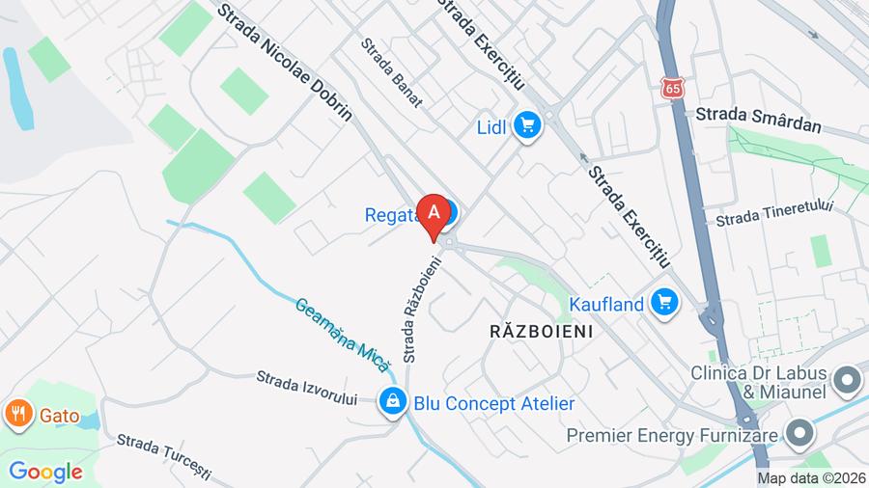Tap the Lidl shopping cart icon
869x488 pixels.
(526, 125)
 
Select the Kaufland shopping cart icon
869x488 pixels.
(663, 303)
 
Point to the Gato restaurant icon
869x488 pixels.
(17, 415)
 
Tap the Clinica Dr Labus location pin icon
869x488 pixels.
(848, 382)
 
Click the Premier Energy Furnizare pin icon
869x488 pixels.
(799, 435)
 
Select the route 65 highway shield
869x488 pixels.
(672, 88)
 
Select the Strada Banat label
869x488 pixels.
(391, 71)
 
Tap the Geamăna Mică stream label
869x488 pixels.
(342, 333)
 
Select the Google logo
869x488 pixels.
(44, 472)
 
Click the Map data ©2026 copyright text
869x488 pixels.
(811, 477)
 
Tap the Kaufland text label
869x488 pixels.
(606, 304)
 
